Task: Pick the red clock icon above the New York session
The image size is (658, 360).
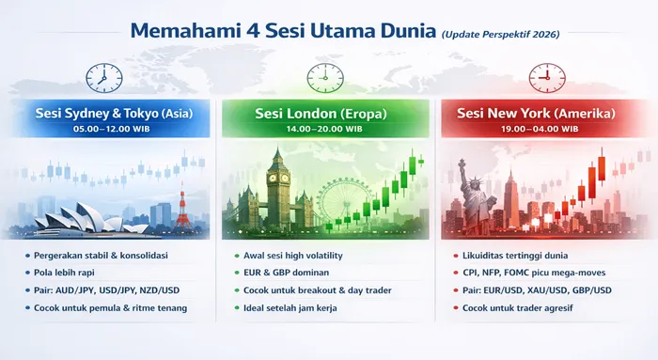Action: point(542,74)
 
